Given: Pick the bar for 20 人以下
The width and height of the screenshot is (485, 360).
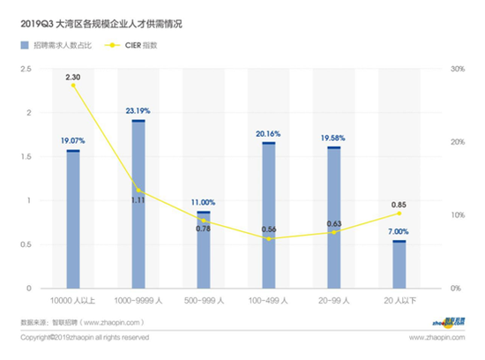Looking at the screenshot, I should pyautogui.click(x=399, y=264).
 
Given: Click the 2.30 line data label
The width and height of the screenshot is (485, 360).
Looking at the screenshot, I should pyautogui.click(x=73, y=77).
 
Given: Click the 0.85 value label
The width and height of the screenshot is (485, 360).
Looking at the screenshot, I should pyautogui.click(x=399, y=206).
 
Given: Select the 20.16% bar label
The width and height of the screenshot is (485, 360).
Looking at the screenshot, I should pyautogui.click(x=269, y=134).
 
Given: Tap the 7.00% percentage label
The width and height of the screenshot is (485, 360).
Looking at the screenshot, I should pyautogui.click(x=399, y=232).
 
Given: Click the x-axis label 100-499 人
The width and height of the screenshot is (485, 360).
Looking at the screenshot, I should pyautogui.click(x=269, y=300).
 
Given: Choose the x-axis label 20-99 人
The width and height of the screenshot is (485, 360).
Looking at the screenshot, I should pyautogui.click(x=334, y=300).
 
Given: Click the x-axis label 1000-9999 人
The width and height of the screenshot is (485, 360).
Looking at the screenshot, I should pyautogui.click(x=138, y=300).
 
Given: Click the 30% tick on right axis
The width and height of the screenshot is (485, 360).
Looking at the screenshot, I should pyautogui.click(x=456, y=69).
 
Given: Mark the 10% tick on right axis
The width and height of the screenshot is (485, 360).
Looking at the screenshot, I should pyautogui.click(x=456, y=215).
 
